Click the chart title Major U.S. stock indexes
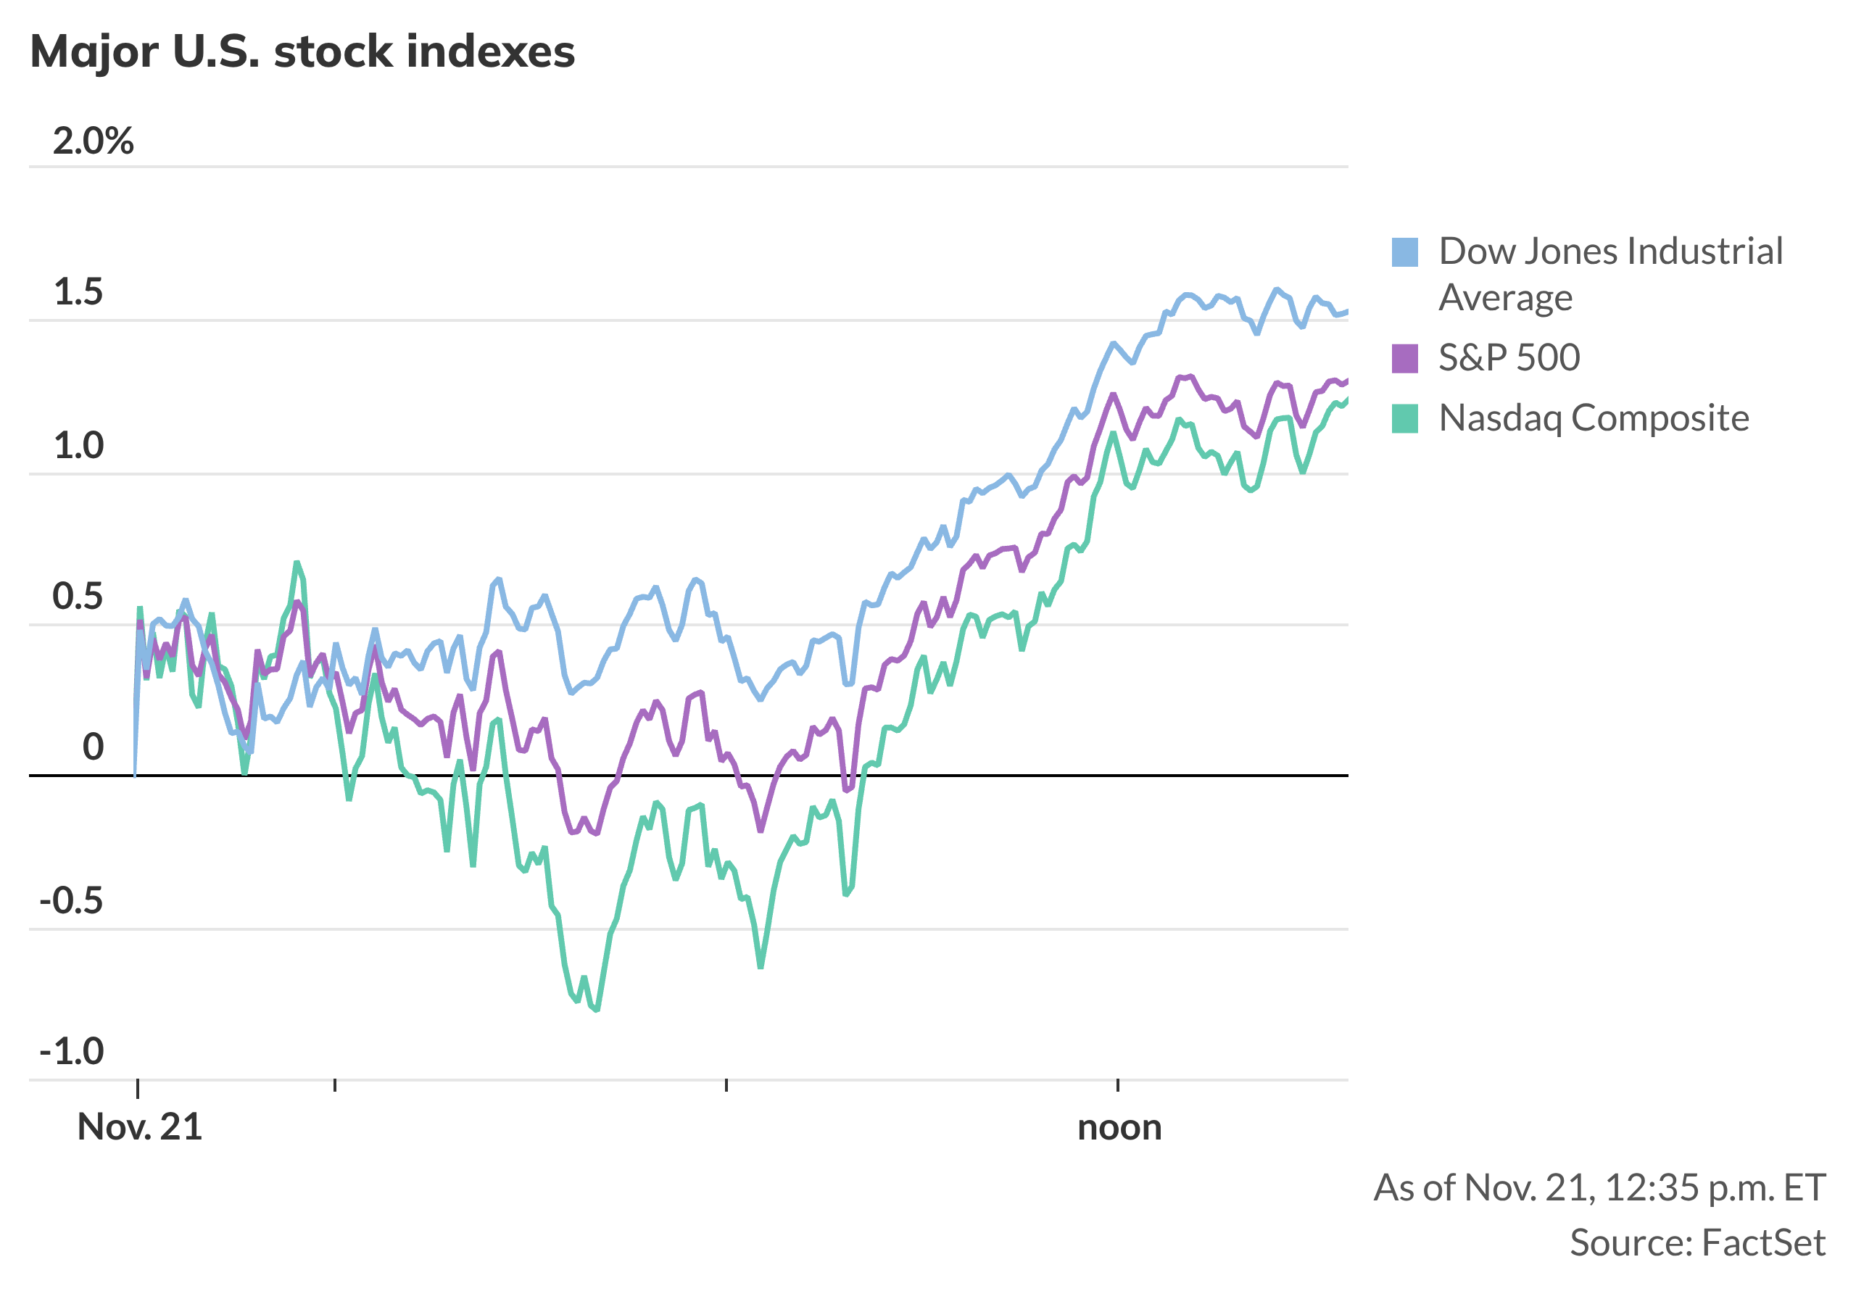(x=302, y=51)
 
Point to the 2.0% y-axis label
(x=93, y=141)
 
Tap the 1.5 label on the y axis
(x=78, y=293)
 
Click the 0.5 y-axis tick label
(x=78, y=597)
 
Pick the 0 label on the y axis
(x=93, y=747)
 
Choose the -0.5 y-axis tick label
(x=71, y=900)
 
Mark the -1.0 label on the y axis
(x=71, y=1052)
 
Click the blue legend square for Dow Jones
(x=1405, y=252)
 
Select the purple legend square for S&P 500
(x=1405, y=358)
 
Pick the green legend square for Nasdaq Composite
(x=1405, y=419)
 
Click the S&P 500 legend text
(x=1509, y=358)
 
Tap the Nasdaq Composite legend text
(x=1594, y=419)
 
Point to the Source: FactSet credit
(x=1696, y=1243)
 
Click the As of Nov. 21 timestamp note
(x=1599, y=1188)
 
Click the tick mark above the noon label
(x=1117, y=1084)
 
